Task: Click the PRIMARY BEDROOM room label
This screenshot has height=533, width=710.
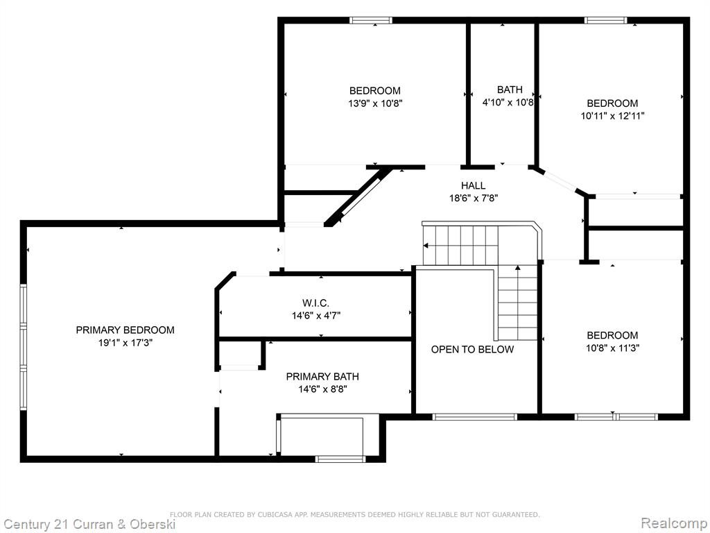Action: [x=125, y=330]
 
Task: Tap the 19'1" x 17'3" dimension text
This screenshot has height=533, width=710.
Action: [x=125, y=343]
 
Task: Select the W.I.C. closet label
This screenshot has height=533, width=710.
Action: [x=315, y=303]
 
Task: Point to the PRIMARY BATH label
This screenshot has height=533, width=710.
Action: [x=322, y=377]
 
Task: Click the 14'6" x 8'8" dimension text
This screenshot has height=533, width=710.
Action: [x=322, y=389]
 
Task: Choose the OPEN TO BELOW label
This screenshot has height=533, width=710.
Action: [x=472, y=350]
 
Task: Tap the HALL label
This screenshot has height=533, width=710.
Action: [x=473, y=185]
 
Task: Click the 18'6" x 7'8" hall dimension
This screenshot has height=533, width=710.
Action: [x=474, y=198]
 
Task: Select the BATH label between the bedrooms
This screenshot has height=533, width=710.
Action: [x=510, y=90]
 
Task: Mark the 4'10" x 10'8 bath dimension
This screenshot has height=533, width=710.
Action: [x=508, y=103]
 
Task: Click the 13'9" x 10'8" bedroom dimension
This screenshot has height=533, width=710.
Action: [x=375, y=103]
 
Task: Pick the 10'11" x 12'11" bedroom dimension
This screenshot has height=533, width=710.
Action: [x=613, y=116]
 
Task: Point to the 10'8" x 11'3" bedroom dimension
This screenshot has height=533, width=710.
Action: [x=612, y=348]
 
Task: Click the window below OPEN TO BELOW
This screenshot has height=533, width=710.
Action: [x=474, y=417]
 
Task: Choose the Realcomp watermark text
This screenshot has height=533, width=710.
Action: [x=674, y=523]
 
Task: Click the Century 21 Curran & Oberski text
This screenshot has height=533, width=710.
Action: [x=89, y=525]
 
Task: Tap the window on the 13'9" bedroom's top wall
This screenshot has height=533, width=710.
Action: [x=371, y=20]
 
